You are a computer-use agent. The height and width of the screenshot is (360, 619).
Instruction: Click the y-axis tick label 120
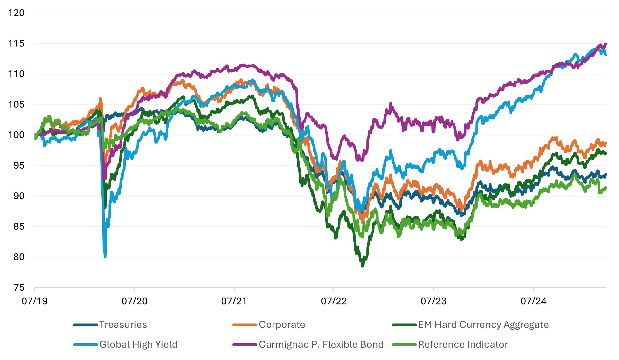pos(16,13)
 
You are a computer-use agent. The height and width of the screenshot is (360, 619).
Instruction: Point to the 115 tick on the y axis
pos(16,43)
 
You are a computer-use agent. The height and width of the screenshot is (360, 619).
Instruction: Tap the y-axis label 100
pos(16,135)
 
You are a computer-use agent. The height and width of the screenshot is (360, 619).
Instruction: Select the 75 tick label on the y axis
pos(19,288)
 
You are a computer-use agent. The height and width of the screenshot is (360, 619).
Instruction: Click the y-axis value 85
pos(19,226)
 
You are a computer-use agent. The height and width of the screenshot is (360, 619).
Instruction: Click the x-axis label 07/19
pos(34,301)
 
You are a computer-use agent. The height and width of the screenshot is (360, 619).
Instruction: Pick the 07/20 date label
pos(134,301)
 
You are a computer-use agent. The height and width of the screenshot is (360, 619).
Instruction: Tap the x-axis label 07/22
pos(334,301)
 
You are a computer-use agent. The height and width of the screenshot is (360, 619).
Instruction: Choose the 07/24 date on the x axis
pos(533,301)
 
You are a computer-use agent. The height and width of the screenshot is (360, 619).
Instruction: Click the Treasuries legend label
pos(123,325)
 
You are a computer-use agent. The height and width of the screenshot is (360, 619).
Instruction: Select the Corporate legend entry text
pos(282,325)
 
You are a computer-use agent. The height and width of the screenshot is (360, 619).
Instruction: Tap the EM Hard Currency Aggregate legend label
pos(483,325)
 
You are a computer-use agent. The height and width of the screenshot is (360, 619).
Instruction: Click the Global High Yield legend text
pos(138,344)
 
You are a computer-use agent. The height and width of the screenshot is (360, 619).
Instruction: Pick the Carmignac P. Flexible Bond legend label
pos(321,344)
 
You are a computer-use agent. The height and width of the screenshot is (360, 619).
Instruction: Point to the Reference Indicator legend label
pos(463,344)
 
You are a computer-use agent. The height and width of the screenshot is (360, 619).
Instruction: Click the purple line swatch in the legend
pos(245,345)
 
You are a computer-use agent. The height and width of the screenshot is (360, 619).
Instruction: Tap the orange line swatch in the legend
pos(245,325)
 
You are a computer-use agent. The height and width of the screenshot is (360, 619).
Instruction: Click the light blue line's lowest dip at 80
pos(105,256)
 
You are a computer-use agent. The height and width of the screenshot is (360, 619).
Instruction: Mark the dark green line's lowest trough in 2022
pos(363,266)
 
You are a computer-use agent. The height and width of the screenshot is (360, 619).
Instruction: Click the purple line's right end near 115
pos(605,44)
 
